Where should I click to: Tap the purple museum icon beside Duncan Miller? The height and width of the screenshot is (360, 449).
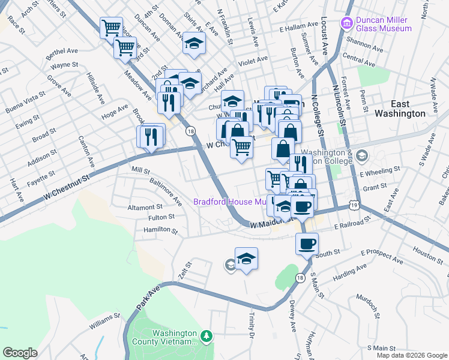[x=346, y=23]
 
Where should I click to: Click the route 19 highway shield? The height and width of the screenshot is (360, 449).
[x=355, y=206]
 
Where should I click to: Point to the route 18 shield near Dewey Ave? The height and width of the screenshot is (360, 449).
[x=300, y=277]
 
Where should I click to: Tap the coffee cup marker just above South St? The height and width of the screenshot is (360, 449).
[x=307, y=244]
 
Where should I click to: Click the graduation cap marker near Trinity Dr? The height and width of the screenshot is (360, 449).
[x=246, y=259]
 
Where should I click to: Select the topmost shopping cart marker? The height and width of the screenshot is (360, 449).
[x=112, y=27]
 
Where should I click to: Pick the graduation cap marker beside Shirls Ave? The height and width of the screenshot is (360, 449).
[x=194, y=43]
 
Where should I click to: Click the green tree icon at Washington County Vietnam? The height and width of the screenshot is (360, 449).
[x=206, y=335]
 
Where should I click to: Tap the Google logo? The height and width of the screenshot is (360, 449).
[x=20, y=353]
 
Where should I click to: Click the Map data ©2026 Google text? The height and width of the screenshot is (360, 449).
[x=412, y=355]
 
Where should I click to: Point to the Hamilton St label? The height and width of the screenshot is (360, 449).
[x=160, y=230]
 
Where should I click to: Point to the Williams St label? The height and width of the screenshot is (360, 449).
[x=105, y=325]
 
